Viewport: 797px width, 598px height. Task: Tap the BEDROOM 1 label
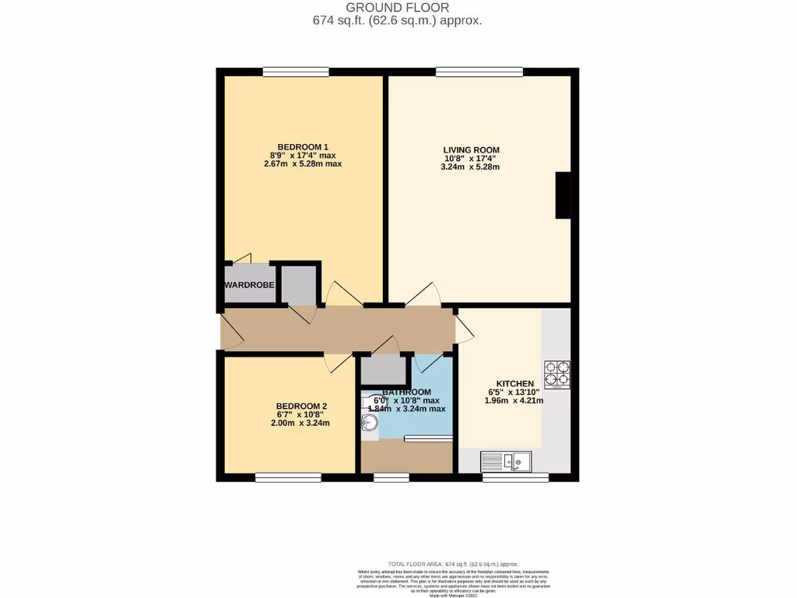pyautogui.click(x=303, y=146)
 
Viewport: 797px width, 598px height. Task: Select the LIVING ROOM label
pyautogui.click(x=471, y=149)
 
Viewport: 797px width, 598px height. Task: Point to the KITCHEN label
pyautogui.click(x=510, y=384)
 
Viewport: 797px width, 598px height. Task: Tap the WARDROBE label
pyautogui.click(x=249, y=286)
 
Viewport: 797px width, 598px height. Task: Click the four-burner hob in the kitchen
pyautogui.click(x=557, y=374)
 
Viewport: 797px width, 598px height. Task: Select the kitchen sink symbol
pyautogui.click(x=506, y=462)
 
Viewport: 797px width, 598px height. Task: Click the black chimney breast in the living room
pyautogui.click(x=563, y=195)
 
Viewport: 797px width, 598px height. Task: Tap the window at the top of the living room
pyautogui.click(x=479, y=72)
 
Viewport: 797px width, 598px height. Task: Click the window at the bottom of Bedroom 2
pyautogui.click(x=287, y=477)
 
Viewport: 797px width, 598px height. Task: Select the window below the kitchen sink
pyautogui.click(x=514, y=477)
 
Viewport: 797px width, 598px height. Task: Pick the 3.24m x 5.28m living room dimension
pyautogui.click(x=471, y=167)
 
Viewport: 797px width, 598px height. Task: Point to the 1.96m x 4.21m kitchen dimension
pyautogui.click(x=514, y=401)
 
